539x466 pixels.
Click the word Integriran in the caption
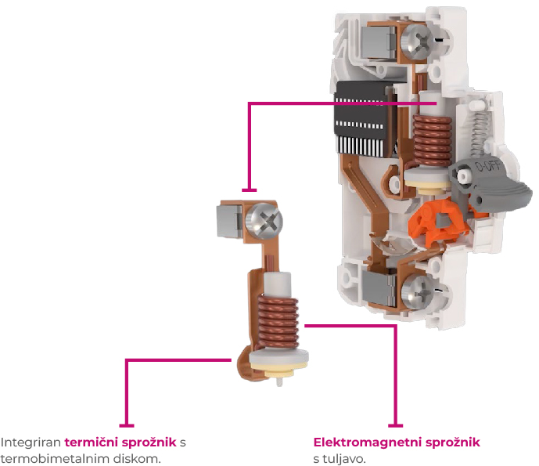(x=31, y=443)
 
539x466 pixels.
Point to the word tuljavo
(x=342, y=458)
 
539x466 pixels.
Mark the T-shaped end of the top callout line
(x=250, y=190)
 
